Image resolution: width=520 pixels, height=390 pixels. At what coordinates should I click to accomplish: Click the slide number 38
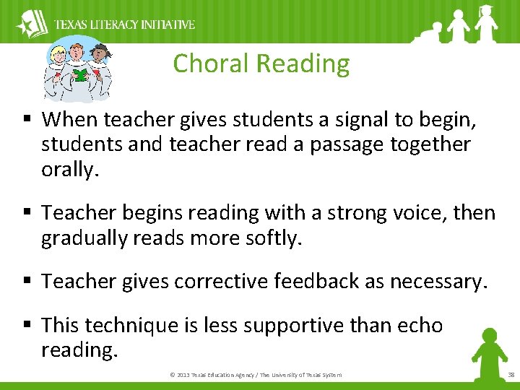(x=511, y=375)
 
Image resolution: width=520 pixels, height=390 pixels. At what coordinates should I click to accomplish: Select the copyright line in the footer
(x=255, y=375)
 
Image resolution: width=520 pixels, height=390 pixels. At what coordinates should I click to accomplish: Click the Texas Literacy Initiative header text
(x=124, y=25)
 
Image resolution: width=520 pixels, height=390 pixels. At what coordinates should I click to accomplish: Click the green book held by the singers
(x=79, y=74)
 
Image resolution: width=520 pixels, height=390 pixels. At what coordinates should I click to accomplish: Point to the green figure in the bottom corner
(x=487, y=352)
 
